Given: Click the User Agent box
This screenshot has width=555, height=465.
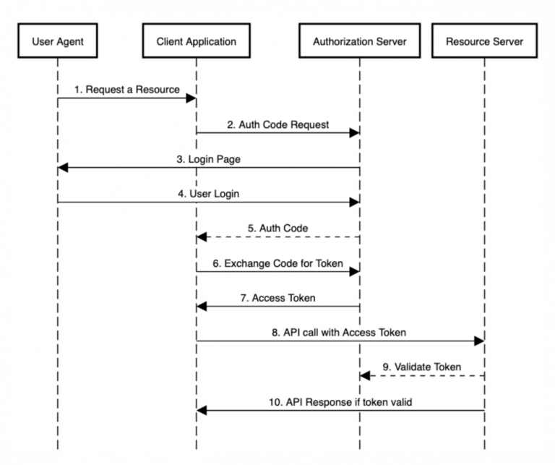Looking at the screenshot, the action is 58,40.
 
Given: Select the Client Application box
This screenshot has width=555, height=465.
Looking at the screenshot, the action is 197,40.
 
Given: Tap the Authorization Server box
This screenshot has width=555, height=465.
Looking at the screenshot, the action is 360,40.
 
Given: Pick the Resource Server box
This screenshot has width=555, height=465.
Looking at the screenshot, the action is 485,40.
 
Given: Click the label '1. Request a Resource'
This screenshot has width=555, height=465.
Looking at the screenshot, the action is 127,90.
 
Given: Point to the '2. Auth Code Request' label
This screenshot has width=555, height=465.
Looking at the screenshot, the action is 277,124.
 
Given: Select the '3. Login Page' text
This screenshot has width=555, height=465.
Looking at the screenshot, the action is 208,159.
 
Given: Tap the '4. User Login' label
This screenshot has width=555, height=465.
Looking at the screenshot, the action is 208,194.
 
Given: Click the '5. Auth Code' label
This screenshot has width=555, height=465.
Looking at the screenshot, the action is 277,228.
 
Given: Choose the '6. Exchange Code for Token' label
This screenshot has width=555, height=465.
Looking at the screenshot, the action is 277,263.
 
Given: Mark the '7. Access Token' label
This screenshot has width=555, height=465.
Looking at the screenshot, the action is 277,298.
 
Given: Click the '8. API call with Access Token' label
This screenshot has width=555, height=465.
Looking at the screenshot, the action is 339,333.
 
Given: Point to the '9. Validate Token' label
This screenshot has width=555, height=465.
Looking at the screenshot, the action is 422,367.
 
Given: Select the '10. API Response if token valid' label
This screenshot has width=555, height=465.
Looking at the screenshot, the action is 340,402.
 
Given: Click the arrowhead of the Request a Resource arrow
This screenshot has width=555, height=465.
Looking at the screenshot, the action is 191,98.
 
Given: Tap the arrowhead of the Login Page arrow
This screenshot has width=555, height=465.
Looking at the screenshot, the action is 63,168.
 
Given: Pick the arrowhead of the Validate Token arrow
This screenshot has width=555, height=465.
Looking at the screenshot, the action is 365,376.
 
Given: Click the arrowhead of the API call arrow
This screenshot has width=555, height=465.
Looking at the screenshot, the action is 479,341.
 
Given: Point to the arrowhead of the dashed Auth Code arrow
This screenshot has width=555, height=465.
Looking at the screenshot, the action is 202,237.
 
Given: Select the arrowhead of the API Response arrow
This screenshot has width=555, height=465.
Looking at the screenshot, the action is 202,411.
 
